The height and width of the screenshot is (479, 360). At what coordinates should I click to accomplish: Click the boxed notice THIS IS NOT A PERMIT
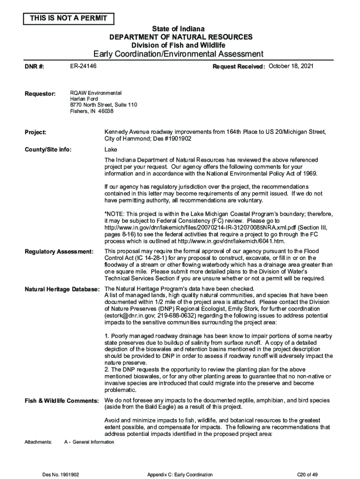point(69,19)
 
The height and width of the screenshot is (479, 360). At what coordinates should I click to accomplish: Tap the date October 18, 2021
point(291,66)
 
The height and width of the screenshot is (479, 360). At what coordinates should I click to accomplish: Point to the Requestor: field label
point(40,94)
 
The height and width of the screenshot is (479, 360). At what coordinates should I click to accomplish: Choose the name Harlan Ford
point(84,99)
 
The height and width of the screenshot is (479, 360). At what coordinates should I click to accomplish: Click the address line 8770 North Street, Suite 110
point(103,105)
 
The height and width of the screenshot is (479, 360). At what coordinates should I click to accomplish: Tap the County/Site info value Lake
point(111,150)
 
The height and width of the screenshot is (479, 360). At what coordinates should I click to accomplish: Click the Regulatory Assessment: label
point(58,252)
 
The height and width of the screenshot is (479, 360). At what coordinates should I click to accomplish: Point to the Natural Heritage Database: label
point(62,289)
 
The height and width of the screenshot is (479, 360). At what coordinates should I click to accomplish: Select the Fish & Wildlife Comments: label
point(61,401)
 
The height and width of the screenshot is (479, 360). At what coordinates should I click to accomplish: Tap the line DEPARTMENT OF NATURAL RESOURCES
point(180,37)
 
